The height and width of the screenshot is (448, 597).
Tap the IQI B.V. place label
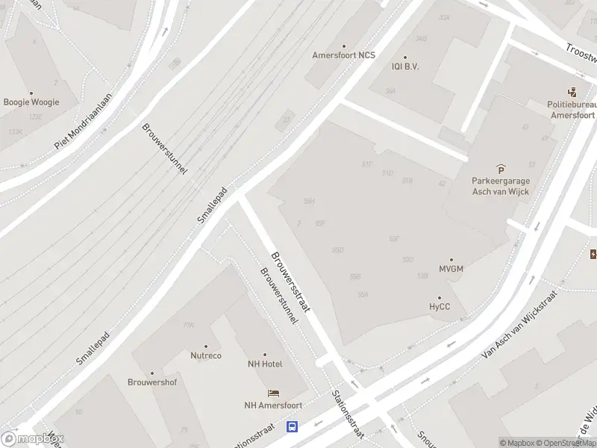tap(406, 66)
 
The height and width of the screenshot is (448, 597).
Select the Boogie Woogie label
tap(31, 102)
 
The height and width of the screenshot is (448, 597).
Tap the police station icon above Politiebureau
tap(572, 93)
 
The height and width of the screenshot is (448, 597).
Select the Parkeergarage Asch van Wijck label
tap(500, 187)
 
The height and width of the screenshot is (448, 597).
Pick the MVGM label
tap(451, 269)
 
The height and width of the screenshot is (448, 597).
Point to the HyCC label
tap(440, 306)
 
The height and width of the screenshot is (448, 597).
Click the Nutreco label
tap(206, 355)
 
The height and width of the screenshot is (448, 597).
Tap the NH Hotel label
tap(265, 364)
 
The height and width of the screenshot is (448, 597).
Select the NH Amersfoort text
tap(273, 406)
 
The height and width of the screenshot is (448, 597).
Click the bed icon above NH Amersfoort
tap(273, 393)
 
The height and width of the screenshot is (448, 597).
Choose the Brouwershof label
tap(152, 382)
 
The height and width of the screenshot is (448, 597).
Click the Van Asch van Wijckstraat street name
tap(520, 325)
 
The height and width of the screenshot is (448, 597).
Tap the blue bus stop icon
tap(293, 427)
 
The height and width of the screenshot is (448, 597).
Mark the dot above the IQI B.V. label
tap(406, 57)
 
